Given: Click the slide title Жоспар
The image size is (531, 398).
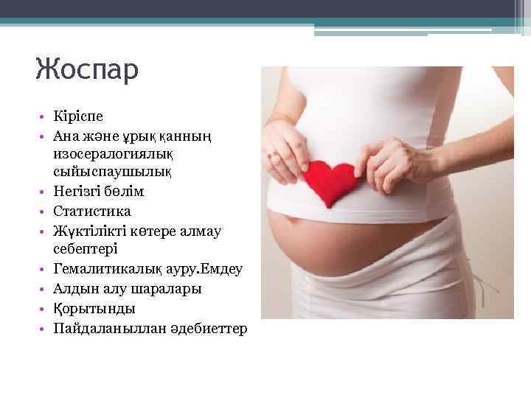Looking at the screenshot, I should [86, 71].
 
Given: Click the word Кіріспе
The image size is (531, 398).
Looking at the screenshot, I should [79, 116].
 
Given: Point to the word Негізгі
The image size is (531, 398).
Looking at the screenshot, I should [77, 192].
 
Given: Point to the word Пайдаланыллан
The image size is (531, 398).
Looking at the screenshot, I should [100, 327].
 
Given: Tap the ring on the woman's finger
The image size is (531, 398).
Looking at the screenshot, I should [275, 155].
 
